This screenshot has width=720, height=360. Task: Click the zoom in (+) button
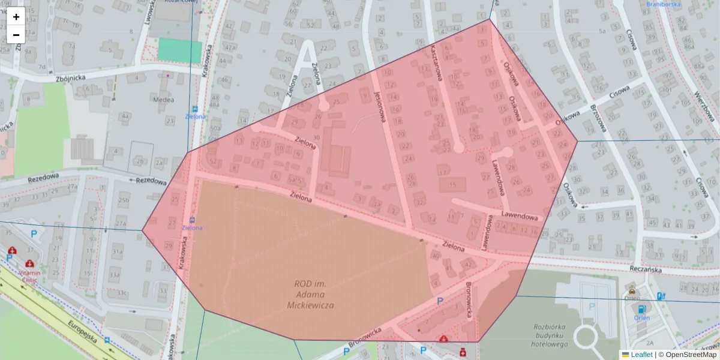tap(16, 17)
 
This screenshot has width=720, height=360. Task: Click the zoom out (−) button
tap(16, 35)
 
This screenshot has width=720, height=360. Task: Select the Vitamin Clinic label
tap(29, 275)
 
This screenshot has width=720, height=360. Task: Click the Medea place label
tap(163, 100)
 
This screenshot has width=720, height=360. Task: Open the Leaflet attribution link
tap(641, 355)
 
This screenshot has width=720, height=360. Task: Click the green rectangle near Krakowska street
tap(180, 50)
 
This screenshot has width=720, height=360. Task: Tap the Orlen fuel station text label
tap(642, 317)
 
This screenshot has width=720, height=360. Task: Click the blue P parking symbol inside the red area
tap(440, 301)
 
